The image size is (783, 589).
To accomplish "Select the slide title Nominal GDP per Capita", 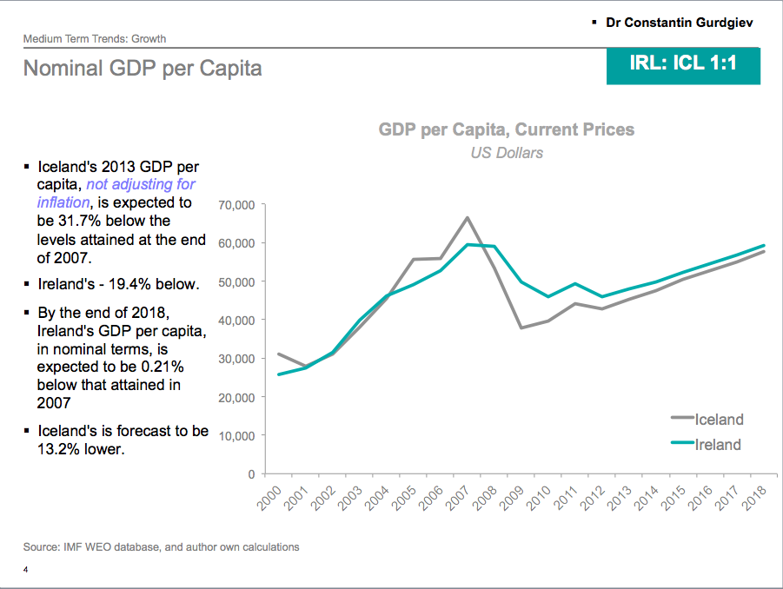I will [143, 68].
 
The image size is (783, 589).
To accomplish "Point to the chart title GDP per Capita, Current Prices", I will [507, 130].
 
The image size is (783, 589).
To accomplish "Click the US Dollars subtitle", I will [507, 153].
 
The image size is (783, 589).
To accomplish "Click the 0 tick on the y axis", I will [249, 474].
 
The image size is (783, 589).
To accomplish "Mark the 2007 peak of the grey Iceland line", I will [468, 217].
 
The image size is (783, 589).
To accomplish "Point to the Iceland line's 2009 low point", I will [521, 328].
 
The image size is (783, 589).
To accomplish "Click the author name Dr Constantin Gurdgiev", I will [680, 22].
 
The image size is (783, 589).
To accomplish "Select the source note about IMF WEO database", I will [162, 547].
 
